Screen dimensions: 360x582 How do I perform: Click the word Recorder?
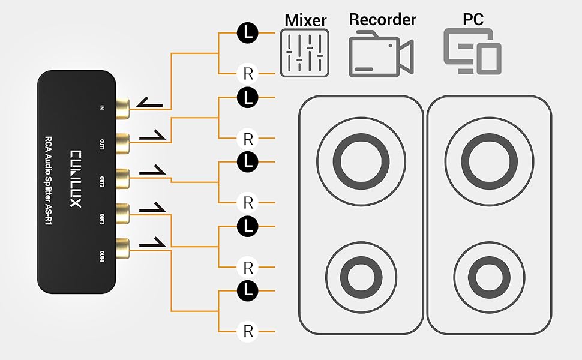pyautogui.click(x=382, y=19)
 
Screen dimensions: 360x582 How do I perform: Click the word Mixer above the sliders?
pyautogui.click(x=305, y=20)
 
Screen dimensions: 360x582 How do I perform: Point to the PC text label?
pyautogui.click(x=473, y=19)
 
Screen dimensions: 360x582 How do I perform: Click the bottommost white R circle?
pyautogui.click(x=248, y=331)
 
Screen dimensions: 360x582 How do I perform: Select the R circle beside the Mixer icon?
pyautogui.click(x=248, y=74)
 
